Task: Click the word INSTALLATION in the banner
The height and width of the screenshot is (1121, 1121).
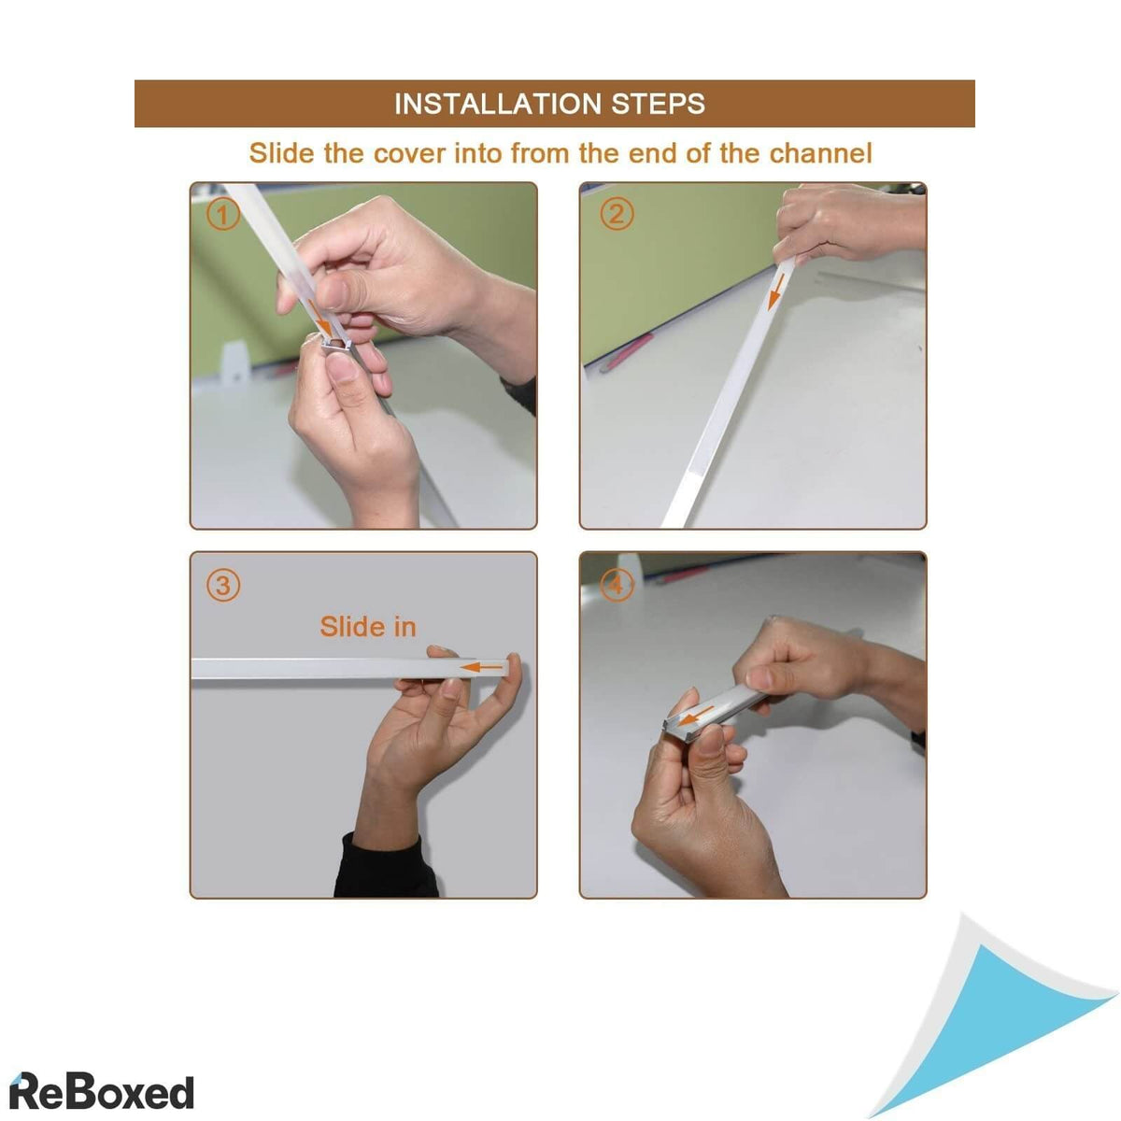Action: [498, 104]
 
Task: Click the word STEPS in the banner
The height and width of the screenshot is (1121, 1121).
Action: [659, 104]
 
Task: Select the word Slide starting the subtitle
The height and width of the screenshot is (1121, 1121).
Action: [281, 153]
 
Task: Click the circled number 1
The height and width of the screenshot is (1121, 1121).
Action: [222, 216]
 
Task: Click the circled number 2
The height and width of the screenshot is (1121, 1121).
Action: [616, 215]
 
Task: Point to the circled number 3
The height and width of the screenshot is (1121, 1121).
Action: [222, 586]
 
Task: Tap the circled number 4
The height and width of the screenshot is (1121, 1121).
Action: [615, 586]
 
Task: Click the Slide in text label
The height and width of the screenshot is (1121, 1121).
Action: [367, 627]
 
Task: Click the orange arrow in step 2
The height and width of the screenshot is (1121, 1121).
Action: [773, 290]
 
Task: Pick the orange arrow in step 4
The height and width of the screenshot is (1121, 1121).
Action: [696, 717]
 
